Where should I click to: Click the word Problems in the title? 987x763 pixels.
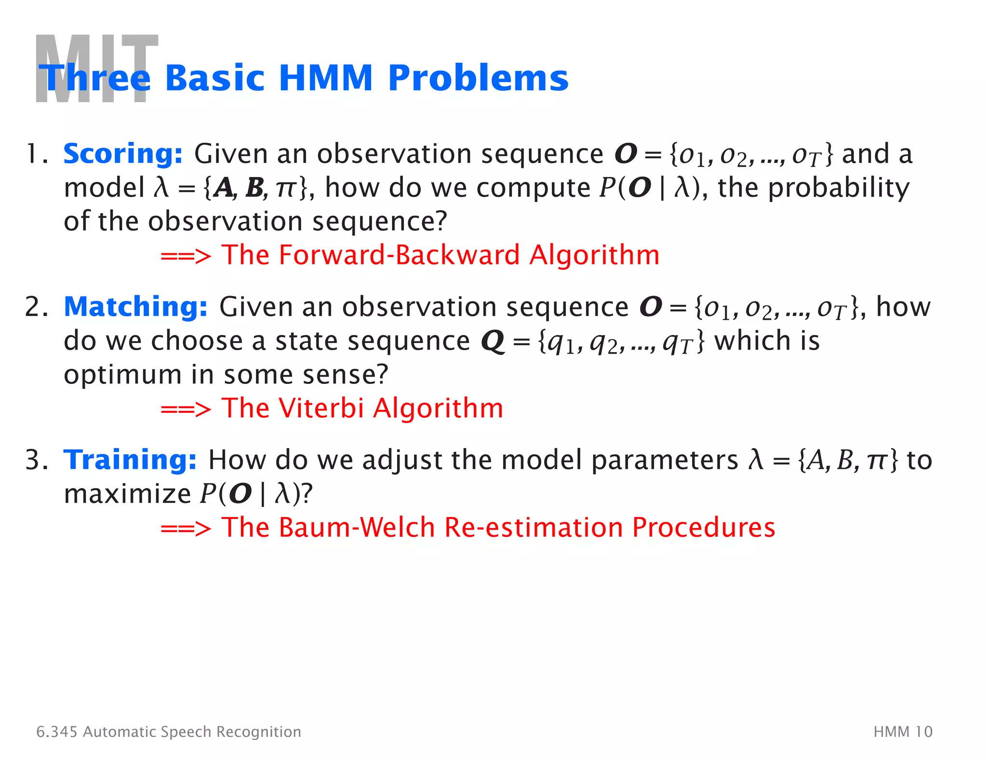[x=478, y=78]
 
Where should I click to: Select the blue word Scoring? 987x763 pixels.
[x=123, y=154]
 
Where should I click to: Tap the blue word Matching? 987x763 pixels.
[x=135, y=307]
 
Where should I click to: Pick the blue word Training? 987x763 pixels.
[x=130, y=460]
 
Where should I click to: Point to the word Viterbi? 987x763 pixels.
[x=321, y=408]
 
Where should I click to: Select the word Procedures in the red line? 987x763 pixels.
[x=704, y=527]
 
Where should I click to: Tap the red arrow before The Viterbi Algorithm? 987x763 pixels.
[x=186, y=410]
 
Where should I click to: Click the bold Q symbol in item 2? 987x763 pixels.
[x=493, y=342]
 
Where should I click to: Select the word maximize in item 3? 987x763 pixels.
[x=128, y=494]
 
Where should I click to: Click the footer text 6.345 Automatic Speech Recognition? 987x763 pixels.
[x=169, y=732]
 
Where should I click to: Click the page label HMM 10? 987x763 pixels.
[x=903, y=732]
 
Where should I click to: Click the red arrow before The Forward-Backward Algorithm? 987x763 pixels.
[x=186, y=257]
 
